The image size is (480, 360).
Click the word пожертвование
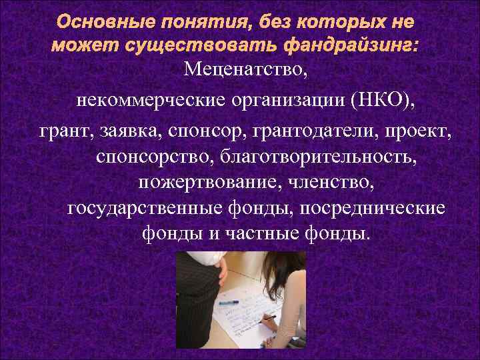(x=193, y=182)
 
